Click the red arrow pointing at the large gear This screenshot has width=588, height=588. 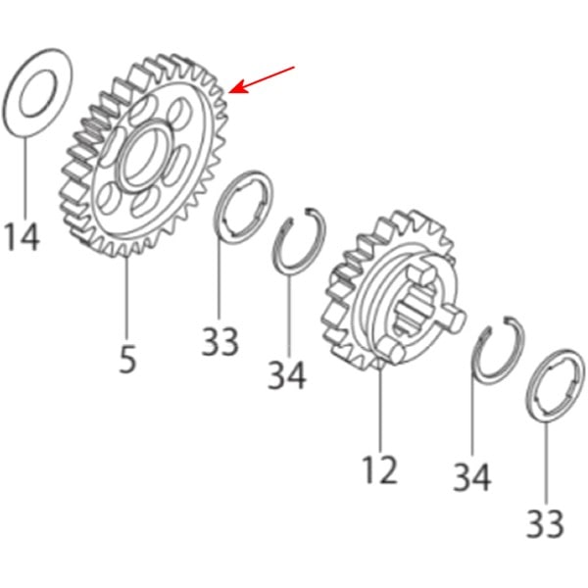click(262, 79)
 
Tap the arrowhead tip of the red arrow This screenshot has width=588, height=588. click(228, 91)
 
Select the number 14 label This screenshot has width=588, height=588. click(23, 237)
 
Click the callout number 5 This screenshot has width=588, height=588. click(127, 360)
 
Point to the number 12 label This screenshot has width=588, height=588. click(379, 469)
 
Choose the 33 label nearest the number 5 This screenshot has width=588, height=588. click(220, 342)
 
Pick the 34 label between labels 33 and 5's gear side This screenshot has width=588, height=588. click(287, 374)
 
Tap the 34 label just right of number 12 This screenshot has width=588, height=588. click(472, 477)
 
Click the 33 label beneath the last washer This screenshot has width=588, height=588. click(545, 523)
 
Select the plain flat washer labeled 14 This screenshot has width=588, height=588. click(37, 93)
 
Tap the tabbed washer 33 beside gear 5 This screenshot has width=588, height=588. click(243, 208)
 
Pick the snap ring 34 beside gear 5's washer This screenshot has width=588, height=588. click(299, 241)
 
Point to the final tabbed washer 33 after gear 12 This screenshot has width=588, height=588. click(555, 387)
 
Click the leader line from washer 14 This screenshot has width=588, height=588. click(25, 178)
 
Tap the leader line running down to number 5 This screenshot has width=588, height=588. click(126, 299)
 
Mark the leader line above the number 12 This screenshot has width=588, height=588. click(380, 410)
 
